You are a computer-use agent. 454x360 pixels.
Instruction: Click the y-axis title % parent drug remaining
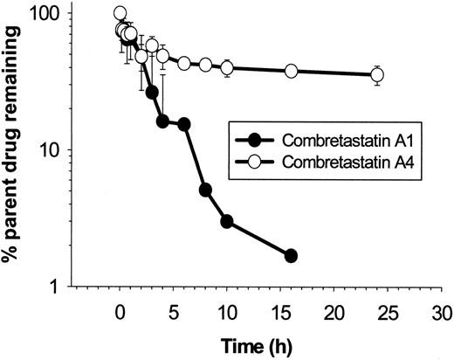pyautogui.click(x=15, y=144)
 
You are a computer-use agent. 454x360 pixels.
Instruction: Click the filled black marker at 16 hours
pyautogui.click(x=292, y=255)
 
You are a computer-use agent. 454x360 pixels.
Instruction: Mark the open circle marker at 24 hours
pyautogui.click(x=377, y=75)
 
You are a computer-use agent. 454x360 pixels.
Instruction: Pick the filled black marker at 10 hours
pyautogui.click(x=227, y=221)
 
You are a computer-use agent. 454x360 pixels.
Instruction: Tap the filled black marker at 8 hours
pyautogui.click(x=205, y=190)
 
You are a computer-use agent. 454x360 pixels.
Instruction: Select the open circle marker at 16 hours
pyautogui.click(x=292, y=71)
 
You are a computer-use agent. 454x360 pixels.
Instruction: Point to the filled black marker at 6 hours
pyautogui.click(x=184, y=124)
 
